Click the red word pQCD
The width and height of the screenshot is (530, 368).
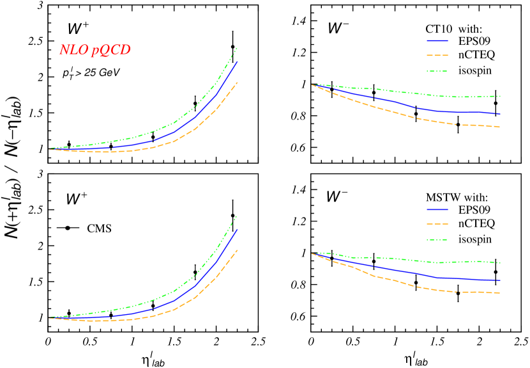pos(110,51)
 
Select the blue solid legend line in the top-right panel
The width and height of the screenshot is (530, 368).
pos(437,40)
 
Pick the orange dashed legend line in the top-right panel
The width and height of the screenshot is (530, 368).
pos(437,56)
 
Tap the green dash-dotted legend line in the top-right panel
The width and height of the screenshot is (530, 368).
pos(437,71)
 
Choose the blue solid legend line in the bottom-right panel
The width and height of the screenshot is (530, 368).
pos(437,209)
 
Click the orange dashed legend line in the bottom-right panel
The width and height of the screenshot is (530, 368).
pos(437,225)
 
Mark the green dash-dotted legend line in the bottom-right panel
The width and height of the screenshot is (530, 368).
pos(437,240)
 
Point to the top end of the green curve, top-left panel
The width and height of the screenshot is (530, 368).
pos(237,48)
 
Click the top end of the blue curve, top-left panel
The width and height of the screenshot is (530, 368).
pos(238,61)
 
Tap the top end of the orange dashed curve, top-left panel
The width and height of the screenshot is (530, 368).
pos(238,82)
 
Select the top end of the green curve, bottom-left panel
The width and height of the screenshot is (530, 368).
pos(237,216)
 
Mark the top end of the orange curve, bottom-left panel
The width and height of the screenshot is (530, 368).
pos(238,250)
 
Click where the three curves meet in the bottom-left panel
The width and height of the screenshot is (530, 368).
pos(50,317)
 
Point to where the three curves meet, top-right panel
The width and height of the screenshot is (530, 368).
pos(312,84)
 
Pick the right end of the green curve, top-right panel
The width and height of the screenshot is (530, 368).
pos(499,96)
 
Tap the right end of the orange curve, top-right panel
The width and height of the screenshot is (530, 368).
pos(499,127)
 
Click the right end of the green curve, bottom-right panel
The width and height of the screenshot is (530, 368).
pos(499,262)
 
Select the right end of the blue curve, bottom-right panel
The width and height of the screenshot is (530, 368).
pos(499,280)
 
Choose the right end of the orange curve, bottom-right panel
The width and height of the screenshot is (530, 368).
pos(499,292)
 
